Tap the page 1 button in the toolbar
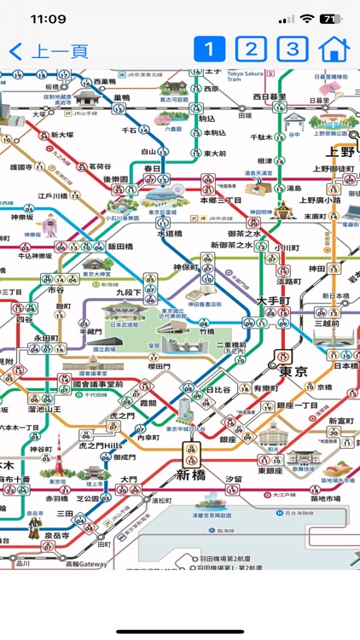coord(209,49)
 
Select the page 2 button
coord(251,49)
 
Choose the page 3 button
coord(293,49)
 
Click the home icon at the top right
coord(334,49)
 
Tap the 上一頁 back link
coord(49,50)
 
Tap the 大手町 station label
coord(275,301)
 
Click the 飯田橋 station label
coord(123,246)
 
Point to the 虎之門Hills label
coord(102,445)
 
